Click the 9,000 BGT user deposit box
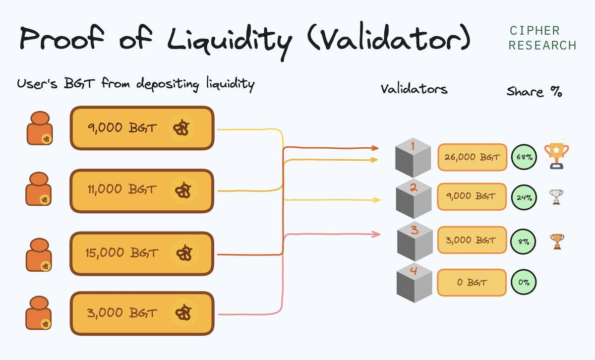(142, 128)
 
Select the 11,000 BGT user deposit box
(142, 191)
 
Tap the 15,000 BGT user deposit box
(142, 253)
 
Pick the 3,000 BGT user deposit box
(142, 313)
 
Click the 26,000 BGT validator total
(472, 157)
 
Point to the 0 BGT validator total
(472, 283)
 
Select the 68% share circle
(524, 157)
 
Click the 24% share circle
(524, 197)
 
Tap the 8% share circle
(523, 241)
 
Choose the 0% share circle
(524, 282)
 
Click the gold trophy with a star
(556, 156)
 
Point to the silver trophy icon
(556, 196)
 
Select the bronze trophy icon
(557, 241)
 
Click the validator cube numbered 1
(413, 158)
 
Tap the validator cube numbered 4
(414, 283)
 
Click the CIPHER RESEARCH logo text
(542, 38)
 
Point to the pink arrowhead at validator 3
(376, 234)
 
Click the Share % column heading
(534, 92)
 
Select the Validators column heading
(414, 89)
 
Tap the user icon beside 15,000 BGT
(39, 255)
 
